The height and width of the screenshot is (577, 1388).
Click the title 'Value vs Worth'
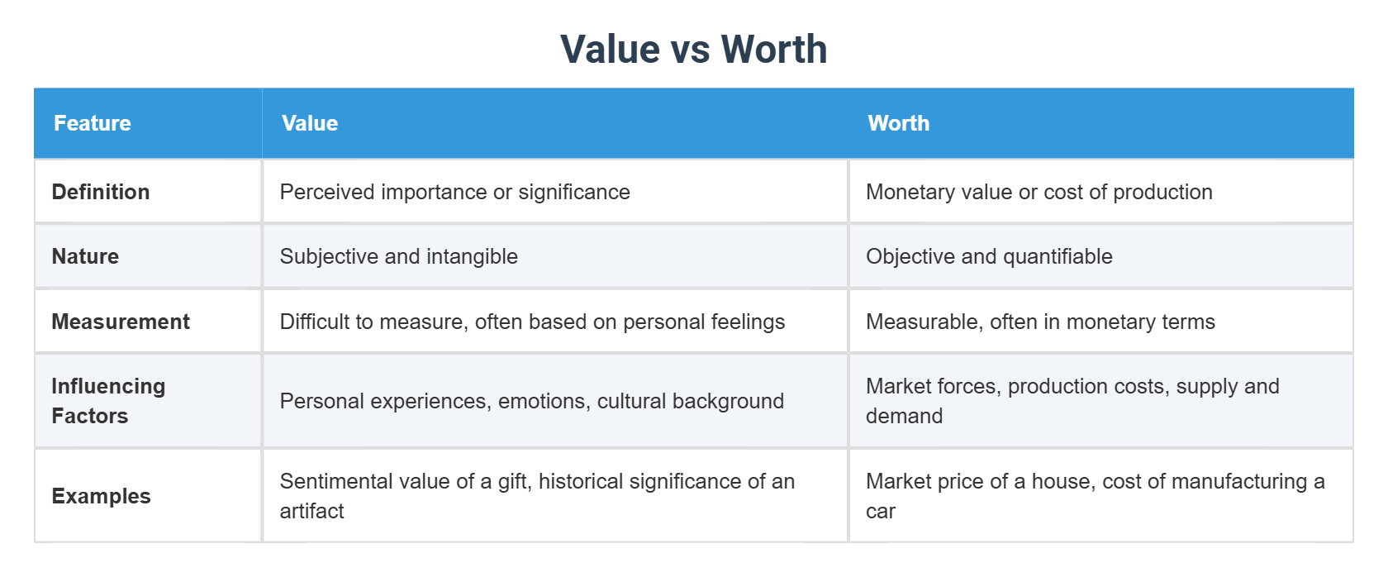693,49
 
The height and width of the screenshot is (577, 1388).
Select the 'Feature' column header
93,123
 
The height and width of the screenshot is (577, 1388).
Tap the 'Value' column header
310,123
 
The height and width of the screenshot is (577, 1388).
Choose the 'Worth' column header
898,123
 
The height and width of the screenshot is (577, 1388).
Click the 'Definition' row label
101,192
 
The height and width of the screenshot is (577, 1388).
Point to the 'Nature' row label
85,256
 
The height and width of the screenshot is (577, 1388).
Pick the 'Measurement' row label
121,322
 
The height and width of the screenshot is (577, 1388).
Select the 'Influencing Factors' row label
108,401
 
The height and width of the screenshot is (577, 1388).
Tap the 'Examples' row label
101,496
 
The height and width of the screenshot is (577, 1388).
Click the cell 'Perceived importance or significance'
454,192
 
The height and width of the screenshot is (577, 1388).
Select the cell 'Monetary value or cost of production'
1039,192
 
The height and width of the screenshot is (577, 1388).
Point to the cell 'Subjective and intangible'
398,256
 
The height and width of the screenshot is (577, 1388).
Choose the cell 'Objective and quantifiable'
989,256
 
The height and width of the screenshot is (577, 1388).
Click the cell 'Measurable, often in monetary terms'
1040,322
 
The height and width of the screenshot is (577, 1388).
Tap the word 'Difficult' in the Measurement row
315,322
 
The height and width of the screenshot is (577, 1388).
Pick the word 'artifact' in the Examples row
311,511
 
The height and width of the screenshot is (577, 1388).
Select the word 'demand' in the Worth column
904,416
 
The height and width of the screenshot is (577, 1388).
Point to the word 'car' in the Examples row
880,511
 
